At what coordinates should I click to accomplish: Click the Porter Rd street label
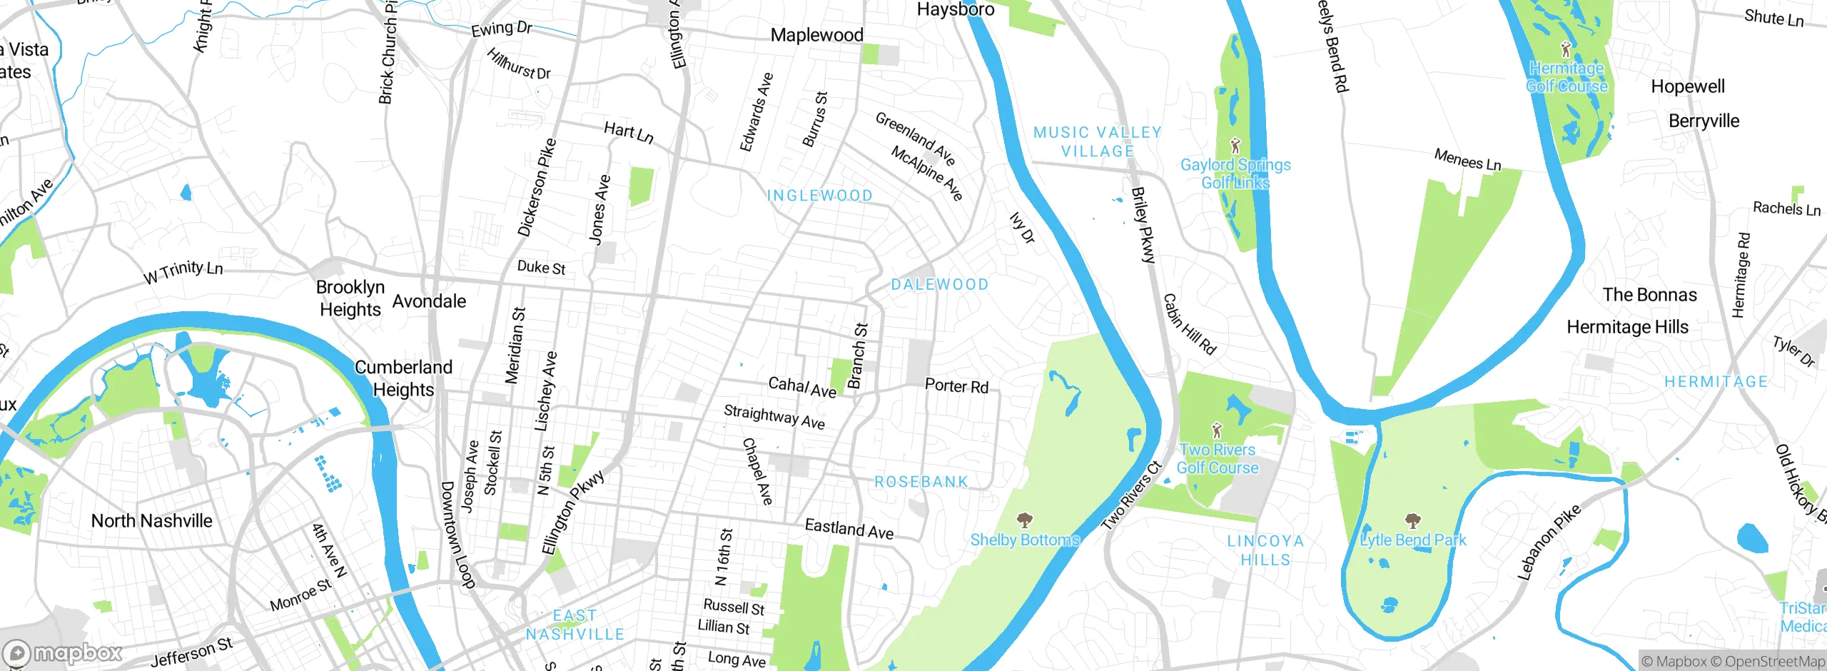click(956, 386)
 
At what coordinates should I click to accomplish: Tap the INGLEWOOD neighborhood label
click(819, 196)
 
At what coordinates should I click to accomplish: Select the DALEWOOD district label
click(940, 284)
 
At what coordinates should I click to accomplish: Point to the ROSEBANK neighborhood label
click(921, 482)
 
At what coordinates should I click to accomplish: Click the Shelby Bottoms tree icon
click(1025, 519)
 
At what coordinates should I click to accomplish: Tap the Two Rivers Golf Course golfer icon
click(1217, 430)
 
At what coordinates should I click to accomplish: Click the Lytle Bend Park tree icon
click(1412, 520)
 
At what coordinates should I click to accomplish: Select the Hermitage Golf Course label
click(1567, 77)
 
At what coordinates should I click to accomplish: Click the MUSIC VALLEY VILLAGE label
click(1098, 141)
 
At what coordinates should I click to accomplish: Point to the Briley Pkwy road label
click(1143, 225)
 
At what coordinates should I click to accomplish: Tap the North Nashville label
click(151, 520)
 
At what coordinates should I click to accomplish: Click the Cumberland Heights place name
click(403, 378)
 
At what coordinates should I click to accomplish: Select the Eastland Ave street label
click(849, 529)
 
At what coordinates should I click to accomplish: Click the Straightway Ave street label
click(774, 417)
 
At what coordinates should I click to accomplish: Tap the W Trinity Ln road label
click(183, 271)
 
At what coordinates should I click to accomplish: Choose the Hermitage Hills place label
click(1627, 327)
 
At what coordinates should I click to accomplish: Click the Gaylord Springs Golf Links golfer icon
click(1236, 146)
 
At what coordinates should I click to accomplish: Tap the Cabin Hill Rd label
click(1189, 324)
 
